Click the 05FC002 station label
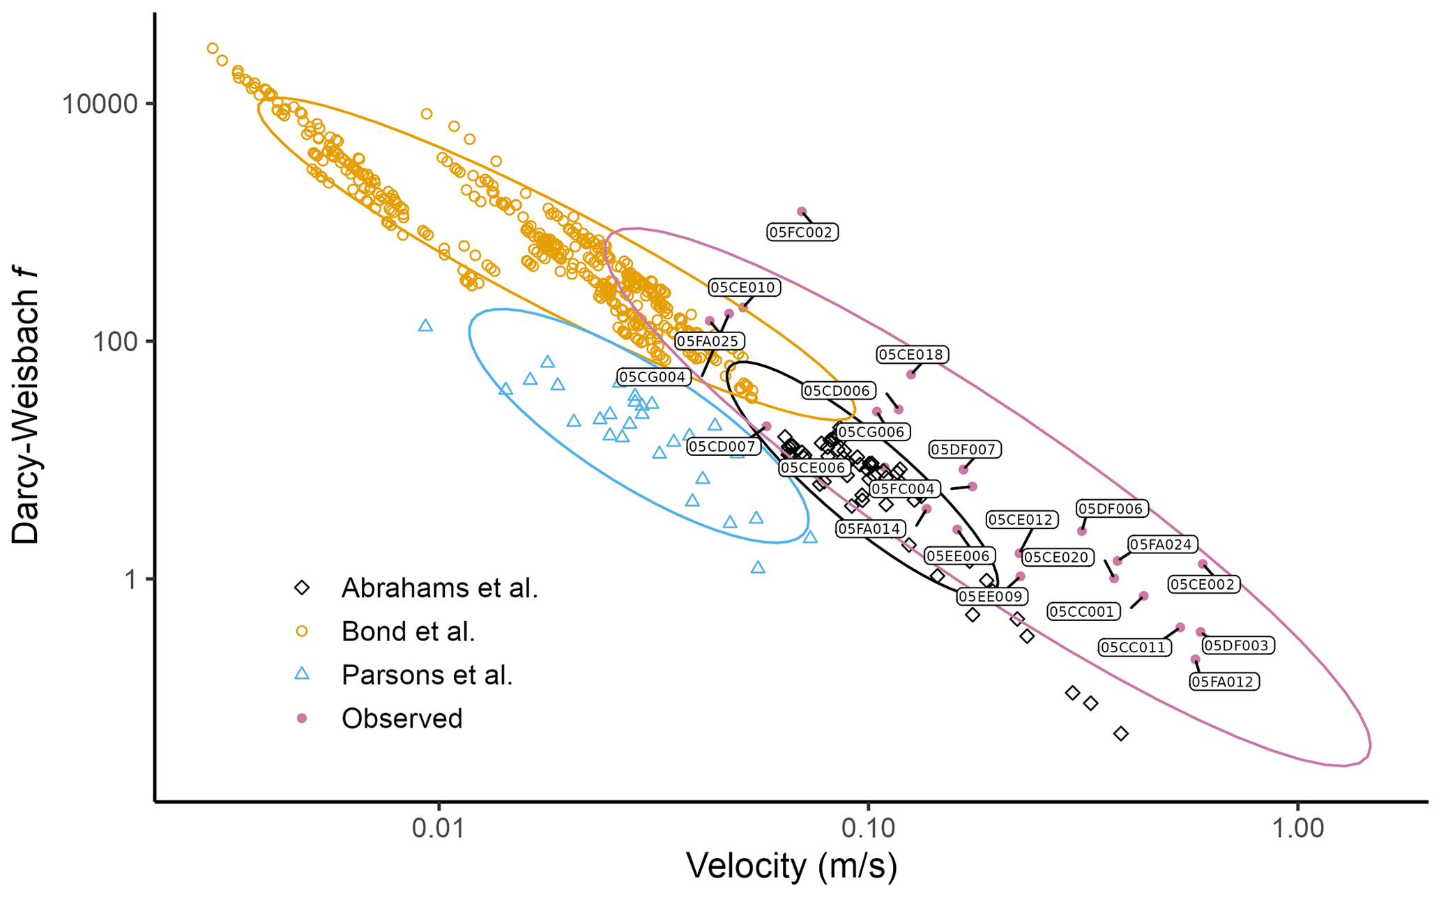(802, 232)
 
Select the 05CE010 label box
(744, 287)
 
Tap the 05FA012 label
(1223, 682)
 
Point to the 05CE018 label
(911, 355)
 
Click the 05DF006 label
(1111, 509)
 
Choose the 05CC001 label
(1083, 612)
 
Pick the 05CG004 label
(653, 377)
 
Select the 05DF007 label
(965, 450)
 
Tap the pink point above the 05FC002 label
(802, 211)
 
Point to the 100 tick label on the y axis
(116, 342)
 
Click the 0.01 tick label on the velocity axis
(439, 828)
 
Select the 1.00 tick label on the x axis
(1297, 828)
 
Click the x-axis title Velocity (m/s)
(791, 866)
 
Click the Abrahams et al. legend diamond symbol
(302, 588)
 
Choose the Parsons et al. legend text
(427, 675)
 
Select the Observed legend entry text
(402, 719)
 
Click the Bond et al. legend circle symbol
(302, 631)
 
